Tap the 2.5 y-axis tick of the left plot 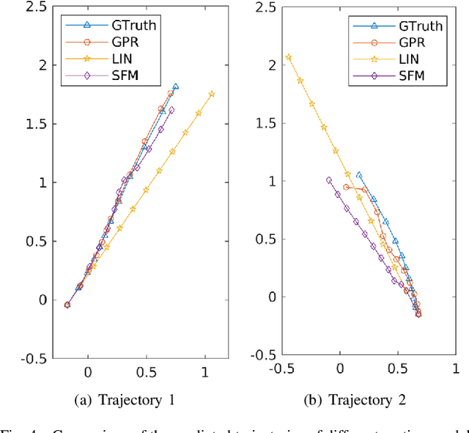34,7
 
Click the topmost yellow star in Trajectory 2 289,57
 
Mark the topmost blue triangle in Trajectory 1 175,87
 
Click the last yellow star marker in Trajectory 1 212,94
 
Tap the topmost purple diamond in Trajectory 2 328,180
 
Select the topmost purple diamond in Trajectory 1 171,110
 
